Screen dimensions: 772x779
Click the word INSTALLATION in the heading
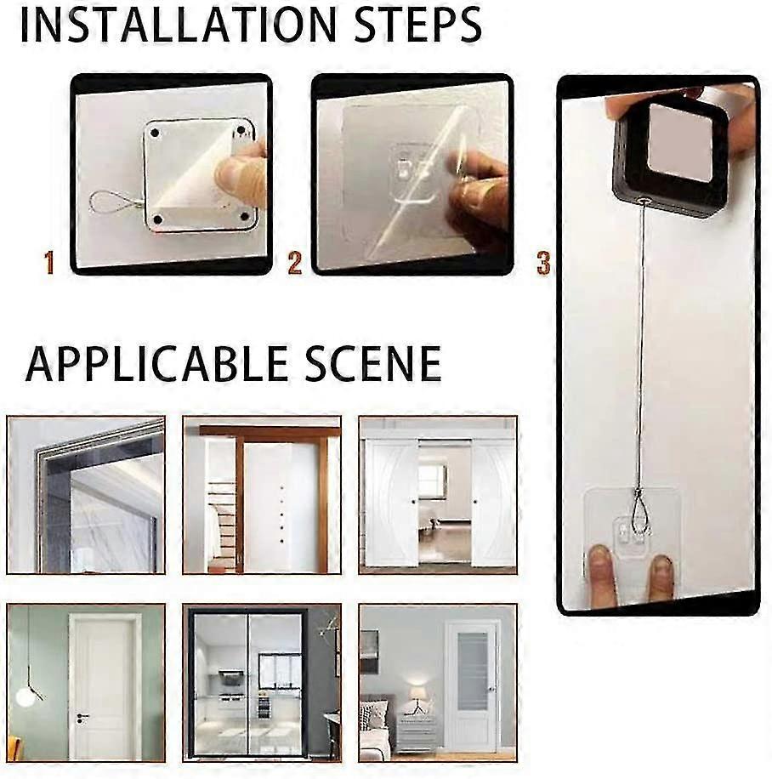[x=179, y=25]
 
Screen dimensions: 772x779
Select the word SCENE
[x=373, y=364]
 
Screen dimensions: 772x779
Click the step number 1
[x=48, y=263]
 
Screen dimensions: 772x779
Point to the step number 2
[x=294, y=263]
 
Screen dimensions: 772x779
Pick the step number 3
[x=544, y=263]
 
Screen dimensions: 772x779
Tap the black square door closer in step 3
[x=672, y=159]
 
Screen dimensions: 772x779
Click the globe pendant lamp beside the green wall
[x=25, y=697]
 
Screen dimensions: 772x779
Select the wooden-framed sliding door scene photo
[x=262, y=495]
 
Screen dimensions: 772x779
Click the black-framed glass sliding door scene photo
[x=262, y=683]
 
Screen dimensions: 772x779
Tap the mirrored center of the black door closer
[x=680, y=143]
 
